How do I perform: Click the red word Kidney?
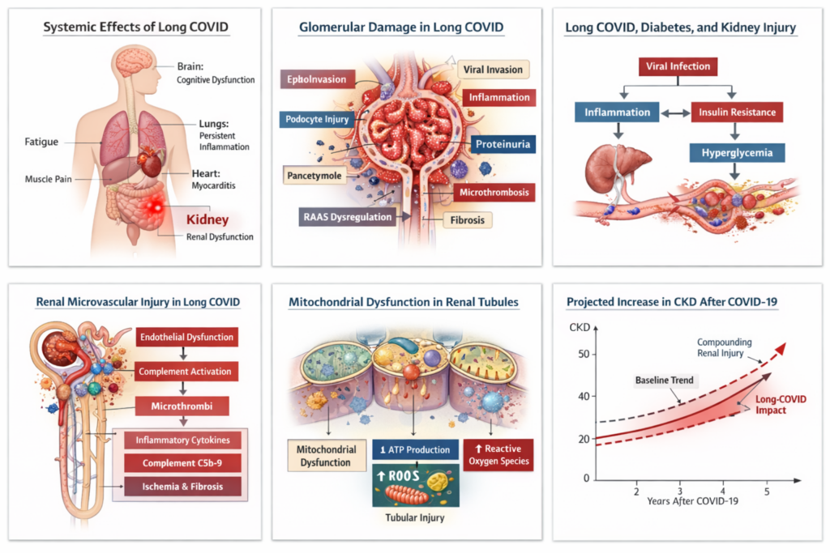207,219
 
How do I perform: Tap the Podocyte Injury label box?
317,119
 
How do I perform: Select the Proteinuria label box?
503,144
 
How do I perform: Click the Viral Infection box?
678,66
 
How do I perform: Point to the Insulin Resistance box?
737,112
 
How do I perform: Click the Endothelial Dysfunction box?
186,337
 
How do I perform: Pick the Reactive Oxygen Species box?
496,455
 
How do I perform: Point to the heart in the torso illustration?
151,164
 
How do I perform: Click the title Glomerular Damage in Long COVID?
401,28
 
